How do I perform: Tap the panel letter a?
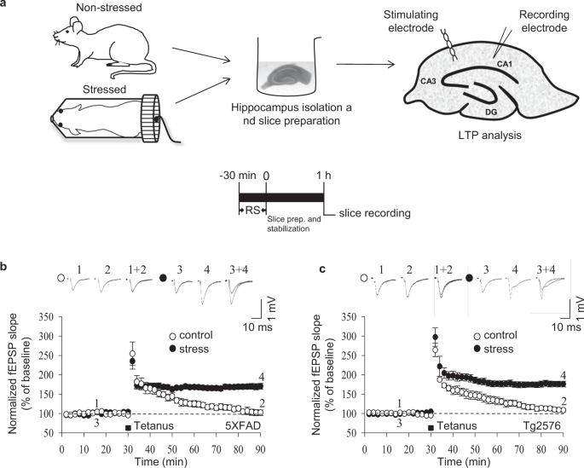point(7,5)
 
